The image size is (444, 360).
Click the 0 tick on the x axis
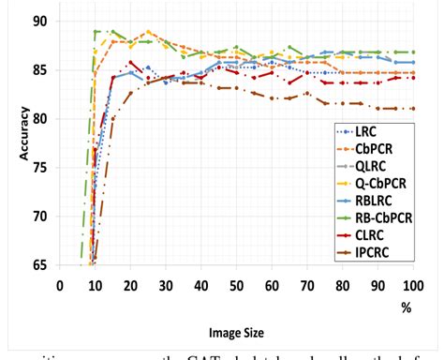tap(58, 285)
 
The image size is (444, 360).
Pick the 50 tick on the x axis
tap(235, 285)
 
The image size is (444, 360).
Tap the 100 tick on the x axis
tap(408, 285)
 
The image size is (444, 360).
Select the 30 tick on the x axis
tap(165, 285)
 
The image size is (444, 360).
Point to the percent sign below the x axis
tap(408, 306)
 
